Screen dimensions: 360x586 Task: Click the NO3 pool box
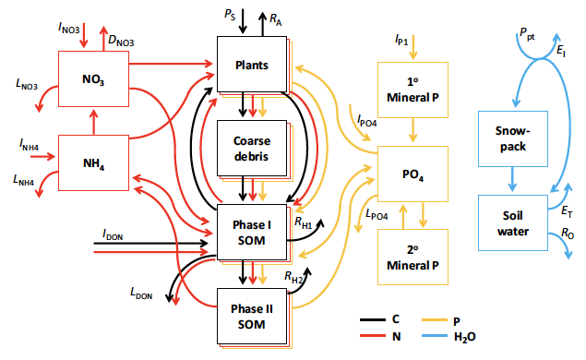tap(91, 80)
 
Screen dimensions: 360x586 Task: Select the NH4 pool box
tap(91, 163)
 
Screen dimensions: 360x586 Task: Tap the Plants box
tap(251, 65)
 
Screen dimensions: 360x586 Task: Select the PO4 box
tap(412, 173)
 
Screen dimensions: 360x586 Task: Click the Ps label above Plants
tap(229, 16)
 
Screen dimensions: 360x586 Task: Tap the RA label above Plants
tap(276, 18)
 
